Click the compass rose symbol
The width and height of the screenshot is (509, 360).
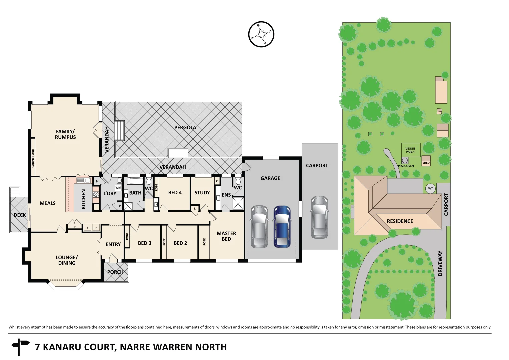[x=261, y=34]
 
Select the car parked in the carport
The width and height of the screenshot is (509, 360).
[x=319, y=217]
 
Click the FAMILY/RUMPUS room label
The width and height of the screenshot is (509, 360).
[x=65, y=134]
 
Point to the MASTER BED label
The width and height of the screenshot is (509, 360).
[x=226, y=236]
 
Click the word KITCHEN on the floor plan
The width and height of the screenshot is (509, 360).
[x=84, y=199]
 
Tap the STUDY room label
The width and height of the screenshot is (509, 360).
[x=202, y=193]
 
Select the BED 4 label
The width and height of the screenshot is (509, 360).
[x=175, y=192]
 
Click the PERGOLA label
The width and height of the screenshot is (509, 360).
[x=185, y=127]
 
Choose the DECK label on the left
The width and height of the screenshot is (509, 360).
[x=20, y=215]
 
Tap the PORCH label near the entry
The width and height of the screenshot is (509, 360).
[x=115, y=272]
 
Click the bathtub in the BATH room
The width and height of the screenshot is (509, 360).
[x=135, y=181]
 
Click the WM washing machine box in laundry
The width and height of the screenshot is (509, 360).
[x=118, y=188]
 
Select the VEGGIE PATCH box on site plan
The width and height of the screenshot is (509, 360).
[x=410, y=150]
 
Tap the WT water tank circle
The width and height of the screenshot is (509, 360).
[x=430, y=189]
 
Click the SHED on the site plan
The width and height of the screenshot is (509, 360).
[x=426, y=161]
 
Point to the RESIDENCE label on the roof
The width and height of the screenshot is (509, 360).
[x=400, y=221]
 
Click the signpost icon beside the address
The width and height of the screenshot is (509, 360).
[x=20, y=347]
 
